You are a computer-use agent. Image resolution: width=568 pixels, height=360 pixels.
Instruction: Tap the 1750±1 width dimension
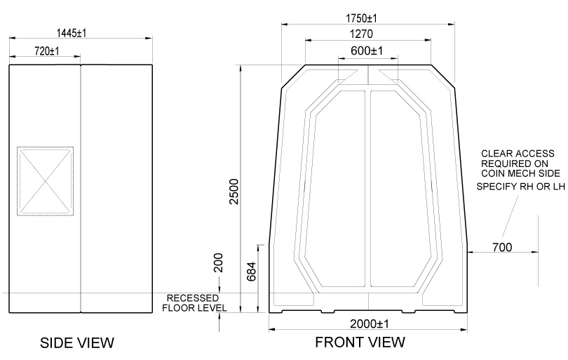point(367,17)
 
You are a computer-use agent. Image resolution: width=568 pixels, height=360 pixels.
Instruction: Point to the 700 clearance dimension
point(501,246)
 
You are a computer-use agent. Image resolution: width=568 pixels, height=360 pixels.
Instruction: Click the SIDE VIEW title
point(77,342)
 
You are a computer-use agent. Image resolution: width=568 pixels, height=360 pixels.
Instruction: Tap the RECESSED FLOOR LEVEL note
point(195,302)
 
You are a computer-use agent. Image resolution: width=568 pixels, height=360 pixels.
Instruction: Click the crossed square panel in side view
point(45,180)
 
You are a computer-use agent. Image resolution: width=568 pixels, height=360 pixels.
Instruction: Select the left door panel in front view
point(339,189)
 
